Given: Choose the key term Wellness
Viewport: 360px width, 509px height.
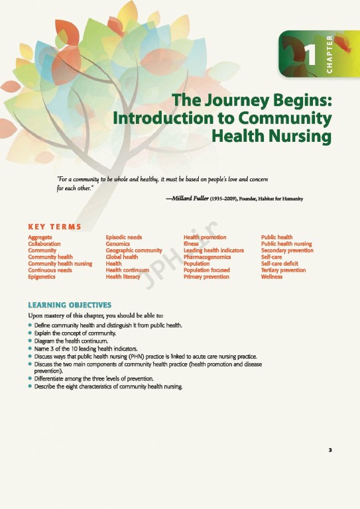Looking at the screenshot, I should pos(272,277).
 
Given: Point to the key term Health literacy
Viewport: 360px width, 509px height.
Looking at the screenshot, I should pos(123,277).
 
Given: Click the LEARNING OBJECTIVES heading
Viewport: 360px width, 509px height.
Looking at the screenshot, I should pos(69,305).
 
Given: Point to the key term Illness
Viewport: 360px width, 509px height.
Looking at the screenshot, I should pos(191,244).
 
